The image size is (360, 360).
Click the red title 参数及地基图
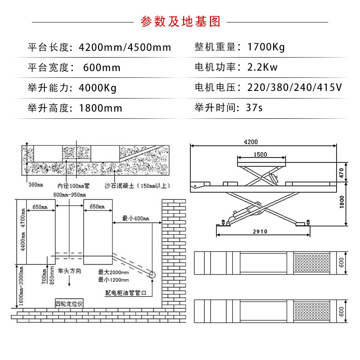pyautogui.click(x=180, y=22)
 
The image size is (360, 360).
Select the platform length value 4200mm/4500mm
pyautogui.click(x=125, y=47)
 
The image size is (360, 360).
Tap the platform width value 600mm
pyautogui.click(x=102, y=67)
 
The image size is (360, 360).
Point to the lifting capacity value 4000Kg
pyautogui.click(x=97, y=87)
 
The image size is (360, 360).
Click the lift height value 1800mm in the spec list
pyautogui.click(x=100, y=108)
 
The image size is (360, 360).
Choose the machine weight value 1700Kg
pyautogui.click(x=266, y=47)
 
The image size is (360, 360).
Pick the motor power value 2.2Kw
pyautogui.click(x=262, y=67)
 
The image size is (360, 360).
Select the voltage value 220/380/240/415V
pyautogui.click(x=294, y=87)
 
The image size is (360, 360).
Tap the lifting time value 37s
pyautogui.click(x=254, y=108)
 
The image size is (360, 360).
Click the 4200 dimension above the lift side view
pyautogui.click(x=251, y=142)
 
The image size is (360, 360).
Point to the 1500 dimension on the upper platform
pyautogui.click(x=260, y=154)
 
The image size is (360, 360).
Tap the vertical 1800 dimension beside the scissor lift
pyautogui.click(x=342, y=203)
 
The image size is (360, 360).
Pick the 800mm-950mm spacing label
pyautogui.click(x=69, y=194)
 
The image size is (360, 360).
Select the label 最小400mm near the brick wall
pyautogui.click(x=135, y=218)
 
